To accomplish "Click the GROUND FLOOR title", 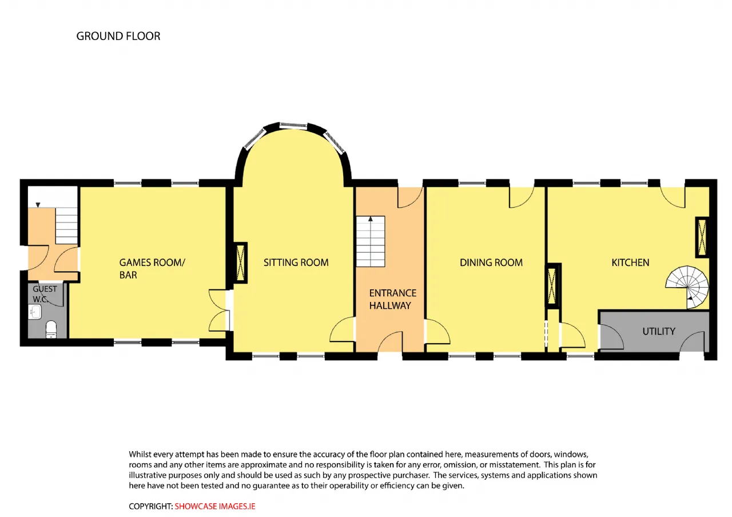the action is click(118, 36).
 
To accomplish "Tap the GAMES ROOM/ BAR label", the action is click(152, 269).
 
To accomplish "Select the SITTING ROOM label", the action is click(296, 263).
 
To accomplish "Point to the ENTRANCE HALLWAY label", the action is click(393, 299).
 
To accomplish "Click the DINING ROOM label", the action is click(491, 263).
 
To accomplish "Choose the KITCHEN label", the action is click(630, 263).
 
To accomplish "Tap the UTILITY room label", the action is click(659, 332).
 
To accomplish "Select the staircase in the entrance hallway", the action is click(371, 241).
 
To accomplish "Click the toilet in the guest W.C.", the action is click(51, 329).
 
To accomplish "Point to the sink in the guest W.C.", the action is click(35, 312).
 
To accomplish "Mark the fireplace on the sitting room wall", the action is click(240, 263).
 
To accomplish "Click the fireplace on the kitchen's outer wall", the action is click(702, 237).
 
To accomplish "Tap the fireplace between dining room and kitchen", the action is click(552, 286).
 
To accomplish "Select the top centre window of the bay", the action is click(293, 125).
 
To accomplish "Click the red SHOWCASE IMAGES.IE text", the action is click(214, 507).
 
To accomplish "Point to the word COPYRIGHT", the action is click(150, 507).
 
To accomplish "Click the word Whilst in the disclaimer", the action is click(140, 454).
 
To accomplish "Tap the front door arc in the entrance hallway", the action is click(390, 341).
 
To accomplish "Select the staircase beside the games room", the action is click(66, 226).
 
